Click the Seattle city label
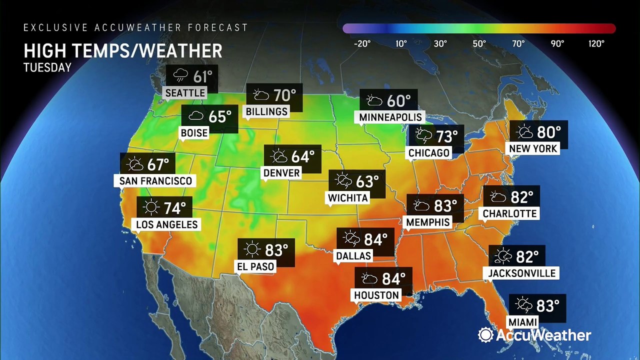(x=185, y=93)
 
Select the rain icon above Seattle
(x=180, y=76)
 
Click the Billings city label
(x=267, y=111)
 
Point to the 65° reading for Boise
(x=220, y=116)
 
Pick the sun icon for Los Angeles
(x=150, y=206)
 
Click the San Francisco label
(x=155, y=180)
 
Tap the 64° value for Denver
(x=303, y=156)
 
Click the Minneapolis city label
(x=391, y=117)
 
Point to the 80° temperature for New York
(x=549, y=132)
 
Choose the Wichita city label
(x=348, y=197)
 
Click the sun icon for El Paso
(x=252, y=249)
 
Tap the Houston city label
(x=377, y=295)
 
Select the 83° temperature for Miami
(x=547, y=304)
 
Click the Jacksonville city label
(x=519, y=273)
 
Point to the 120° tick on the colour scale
(x=596, y=43)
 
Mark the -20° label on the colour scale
(x=362, y=43)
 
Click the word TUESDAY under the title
(x=47, y=67)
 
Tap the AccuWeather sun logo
(x=485, y=335)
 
